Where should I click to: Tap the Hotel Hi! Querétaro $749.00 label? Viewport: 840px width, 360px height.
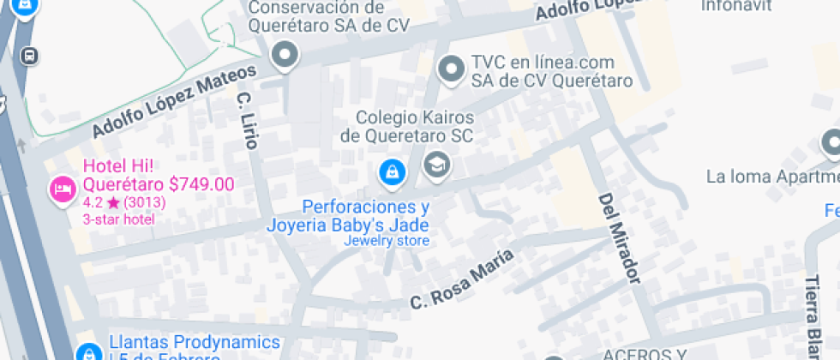(x=158, y=175)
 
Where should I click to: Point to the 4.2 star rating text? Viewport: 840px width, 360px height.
(x=124, y=202)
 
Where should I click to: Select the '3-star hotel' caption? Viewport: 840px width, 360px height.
(x=118, y=219)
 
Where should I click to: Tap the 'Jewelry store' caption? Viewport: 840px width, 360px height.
(x=386, y=241)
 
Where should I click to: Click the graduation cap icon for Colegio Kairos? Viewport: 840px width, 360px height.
(x=438, y=165)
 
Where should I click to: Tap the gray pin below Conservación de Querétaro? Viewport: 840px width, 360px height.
(x=284, y=57)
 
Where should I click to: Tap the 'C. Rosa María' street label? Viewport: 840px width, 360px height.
(x=462, y=279)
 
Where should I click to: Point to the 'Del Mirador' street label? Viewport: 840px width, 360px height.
(x=620, y=237)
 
